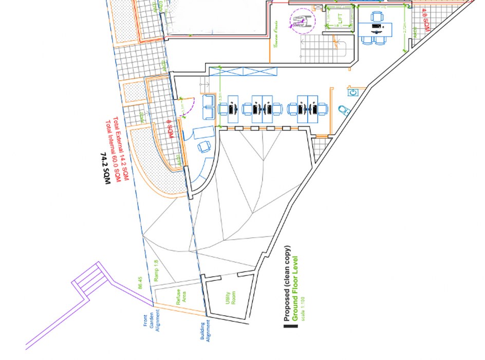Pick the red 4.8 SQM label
424,19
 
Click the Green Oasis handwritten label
276,34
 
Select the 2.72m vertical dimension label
406,29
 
